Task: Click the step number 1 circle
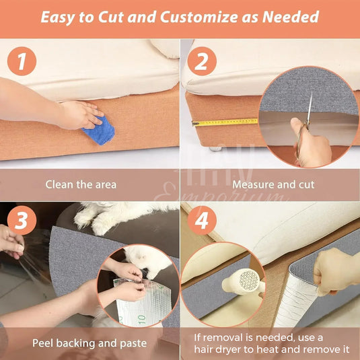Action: click(x=22, y=63)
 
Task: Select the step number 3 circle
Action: click(x=22, y=221)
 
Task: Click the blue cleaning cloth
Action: click(x=98, y=129)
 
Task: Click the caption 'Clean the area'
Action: click(x=81, y=184)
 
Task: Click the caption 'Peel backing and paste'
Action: click(x=89, y=343)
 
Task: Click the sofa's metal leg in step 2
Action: click(x=213, y=147)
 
